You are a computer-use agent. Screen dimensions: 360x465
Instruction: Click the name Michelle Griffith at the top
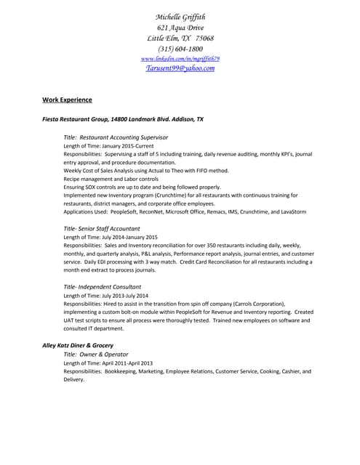coord(180,17)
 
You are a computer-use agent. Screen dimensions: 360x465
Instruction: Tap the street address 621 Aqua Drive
coord(180,28)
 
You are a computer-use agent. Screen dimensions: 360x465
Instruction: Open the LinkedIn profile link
coord(180,58)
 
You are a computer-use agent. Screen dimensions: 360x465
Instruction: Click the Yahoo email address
coord(180,68)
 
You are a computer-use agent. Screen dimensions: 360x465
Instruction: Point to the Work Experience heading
coord(67,100)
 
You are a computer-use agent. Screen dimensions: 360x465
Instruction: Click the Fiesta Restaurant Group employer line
coord(123,118)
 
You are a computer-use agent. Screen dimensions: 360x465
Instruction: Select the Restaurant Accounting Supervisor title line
coord(116,137)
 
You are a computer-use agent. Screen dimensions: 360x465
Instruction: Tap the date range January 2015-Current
coord(122,146)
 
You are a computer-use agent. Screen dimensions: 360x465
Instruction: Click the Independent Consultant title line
coord(106,286)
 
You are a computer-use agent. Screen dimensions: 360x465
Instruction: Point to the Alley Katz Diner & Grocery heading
coord(78,344)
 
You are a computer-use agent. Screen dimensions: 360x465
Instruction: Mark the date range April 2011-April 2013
coord(120,363)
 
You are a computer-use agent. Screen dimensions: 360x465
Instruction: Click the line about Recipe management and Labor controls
coord(111,179)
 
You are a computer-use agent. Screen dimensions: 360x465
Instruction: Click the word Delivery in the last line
coord(74,379)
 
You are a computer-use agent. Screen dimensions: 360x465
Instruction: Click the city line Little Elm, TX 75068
coord(180,38)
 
